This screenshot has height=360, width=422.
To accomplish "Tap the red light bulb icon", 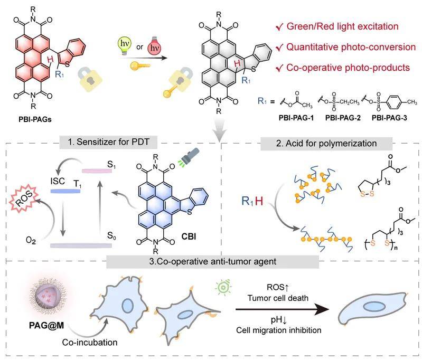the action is click(154, 46).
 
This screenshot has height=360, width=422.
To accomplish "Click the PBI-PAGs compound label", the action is click(35, 119).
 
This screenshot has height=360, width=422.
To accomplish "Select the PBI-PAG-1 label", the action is click(296, 118).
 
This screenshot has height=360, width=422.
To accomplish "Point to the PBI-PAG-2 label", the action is click(343, 118).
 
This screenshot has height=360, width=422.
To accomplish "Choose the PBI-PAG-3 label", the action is click(389, 118).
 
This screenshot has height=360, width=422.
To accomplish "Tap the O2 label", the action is click(31, 240).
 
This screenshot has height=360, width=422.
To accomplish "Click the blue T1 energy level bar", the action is click(65, 191).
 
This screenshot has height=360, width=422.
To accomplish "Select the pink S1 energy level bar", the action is click(97, 171).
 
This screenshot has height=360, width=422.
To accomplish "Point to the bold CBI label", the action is click(189, 236).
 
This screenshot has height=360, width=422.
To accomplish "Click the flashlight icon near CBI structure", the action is click(189, 156).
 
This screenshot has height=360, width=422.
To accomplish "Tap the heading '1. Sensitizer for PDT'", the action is click(108, 142).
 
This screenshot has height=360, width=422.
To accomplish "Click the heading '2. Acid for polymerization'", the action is click(326, 144).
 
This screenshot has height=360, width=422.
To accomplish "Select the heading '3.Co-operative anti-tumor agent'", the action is click(213, 261).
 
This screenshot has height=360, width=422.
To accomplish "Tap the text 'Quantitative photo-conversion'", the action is click(351, 47).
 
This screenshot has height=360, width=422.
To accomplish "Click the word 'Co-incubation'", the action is click(90, 343).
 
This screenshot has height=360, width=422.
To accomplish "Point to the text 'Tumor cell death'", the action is click(278, 298).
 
